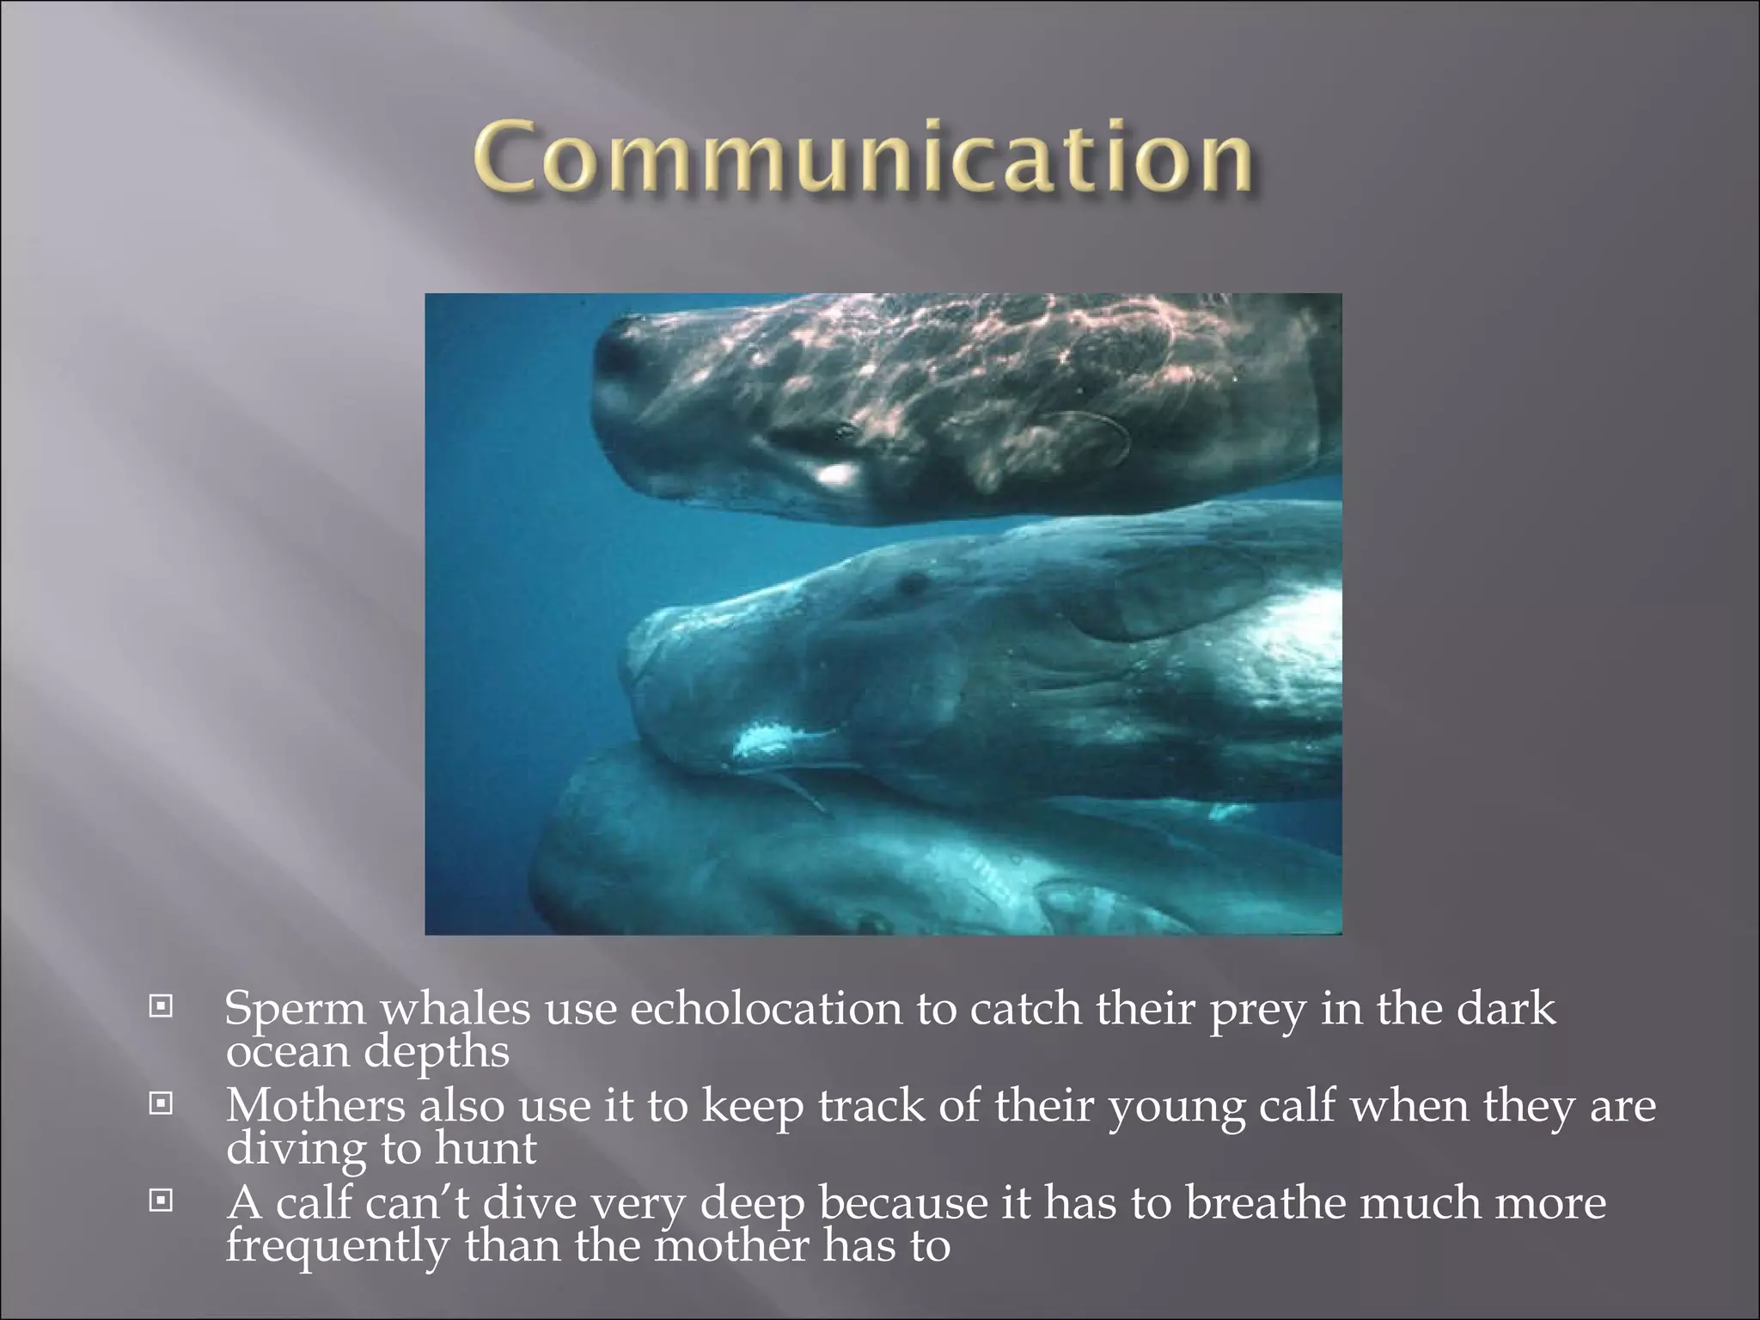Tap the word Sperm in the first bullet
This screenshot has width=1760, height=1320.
[x=295, y=1010]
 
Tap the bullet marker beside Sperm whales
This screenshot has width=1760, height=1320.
[x=160, y=1005]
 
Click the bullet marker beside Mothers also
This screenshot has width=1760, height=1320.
[x=160, y=1103]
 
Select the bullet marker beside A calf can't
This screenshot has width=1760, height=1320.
[x=160, y=1201]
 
